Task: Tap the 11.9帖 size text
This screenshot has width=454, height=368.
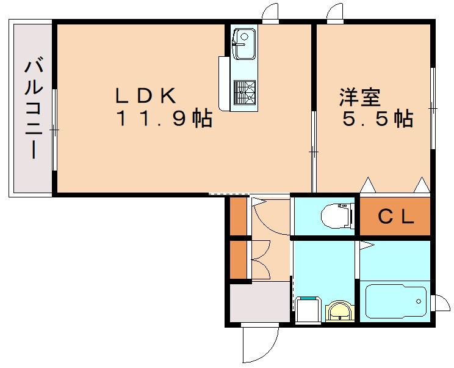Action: pyautogui.click(x=164, y=119)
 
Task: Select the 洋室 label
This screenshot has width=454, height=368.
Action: pyautogui.click(x=360, y=96)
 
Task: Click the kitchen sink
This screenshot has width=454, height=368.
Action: pyautogui.click(x=243, y=44)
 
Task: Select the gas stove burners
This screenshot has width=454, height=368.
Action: pyautogui.click(x=244, y=92)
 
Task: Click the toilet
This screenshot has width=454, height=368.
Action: pyautogui.click(x=335, y=215)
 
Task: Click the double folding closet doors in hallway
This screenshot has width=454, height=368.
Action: pyautogui.click(x=261, y=259)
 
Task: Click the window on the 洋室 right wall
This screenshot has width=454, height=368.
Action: pyautogui.click(x=433, y=108)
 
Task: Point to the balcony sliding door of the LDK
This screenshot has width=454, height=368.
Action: pyautogui.click(x=54, y=130)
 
